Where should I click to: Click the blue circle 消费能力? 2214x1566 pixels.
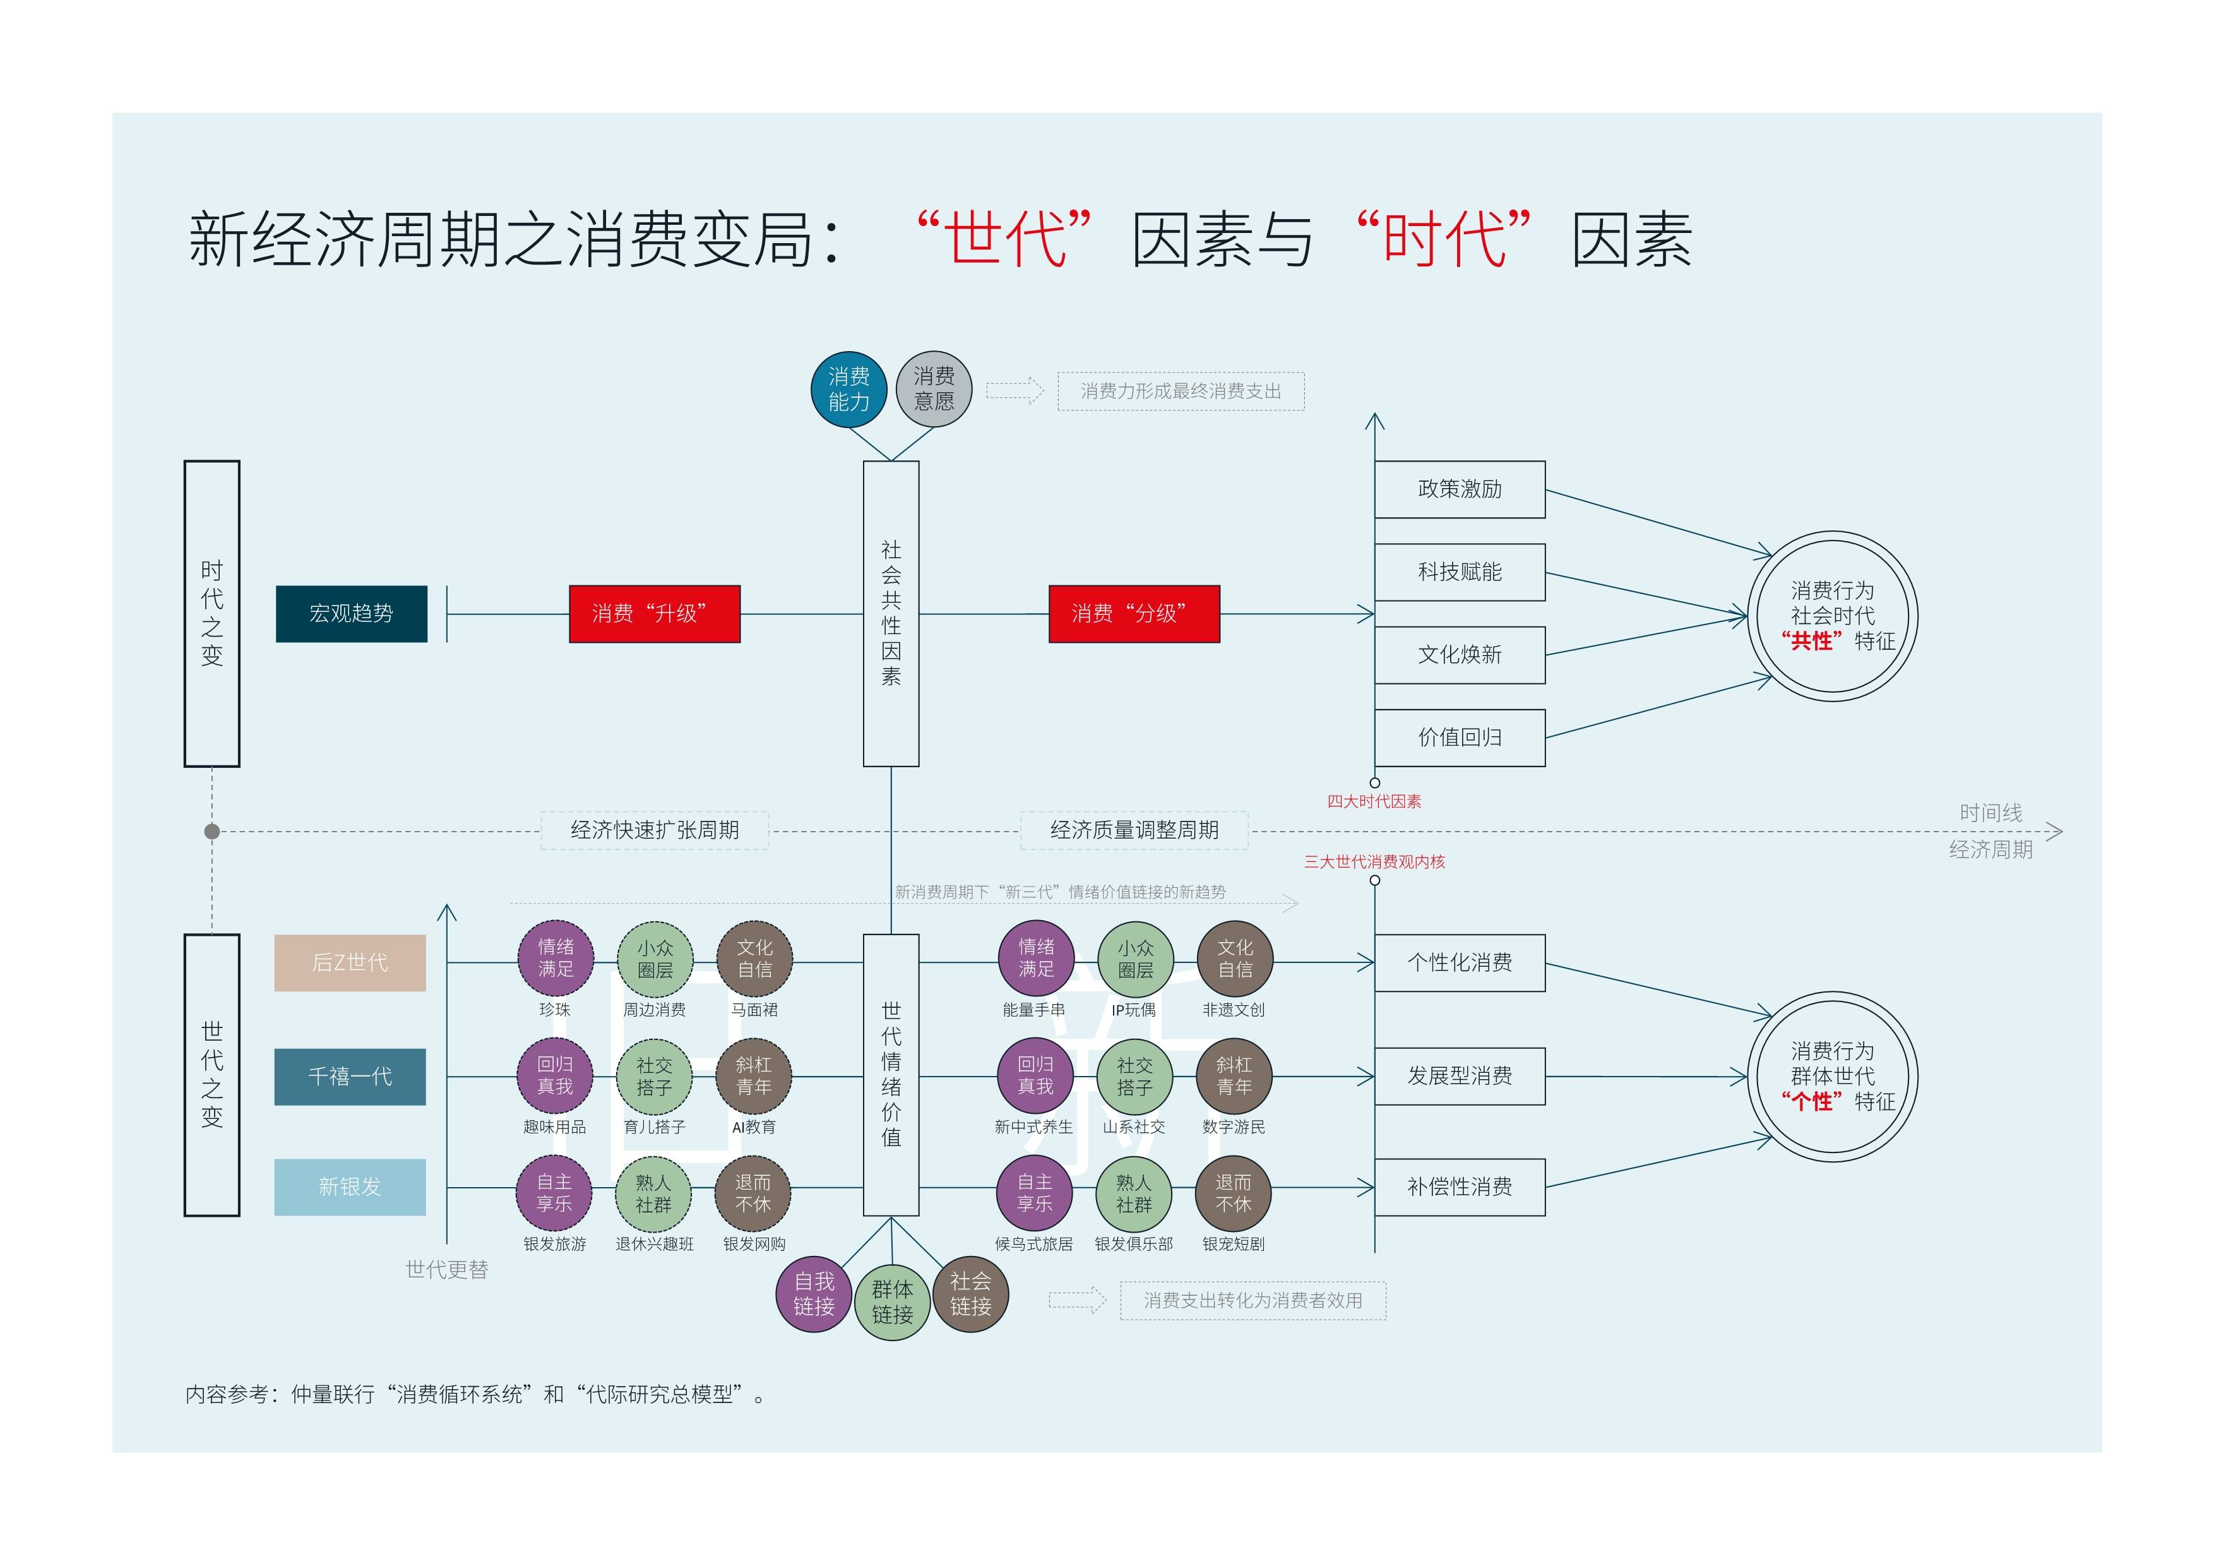(x=848, y=388)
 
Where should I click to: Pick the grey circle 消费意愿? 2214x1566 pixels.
(x=934, y=388)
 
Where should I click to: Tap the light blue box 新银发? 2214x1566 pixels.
(x=349, y=1187)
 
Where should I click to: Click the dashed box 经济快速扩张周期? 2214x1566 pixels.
(x=654, y=830)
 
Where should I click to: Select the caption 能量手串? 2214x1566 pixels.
(x=1033, y=1010)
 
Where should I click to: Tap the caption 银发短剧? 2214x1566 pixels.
(x=1234, y=1244)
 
